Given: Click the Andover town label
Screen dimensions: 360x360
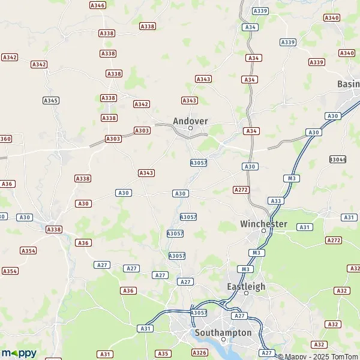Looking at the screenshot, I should pos(190,121).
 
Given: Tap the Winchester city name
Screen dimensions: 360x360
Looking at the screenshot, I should pos(263,224).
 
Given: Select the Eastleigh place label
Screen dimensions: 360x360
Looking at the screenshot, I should pos(246,286).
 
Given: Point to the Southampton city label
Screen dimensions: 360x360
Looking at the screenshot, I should pos(223,332).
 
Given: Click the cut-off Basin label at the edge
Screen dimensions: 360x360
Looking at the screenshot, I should pos(349,84).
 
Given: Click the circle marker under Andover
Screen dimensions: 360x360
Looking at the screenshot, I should pos(190,128).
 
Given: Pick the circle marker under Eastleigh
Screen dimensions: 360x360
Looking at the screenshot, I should pos(246,293).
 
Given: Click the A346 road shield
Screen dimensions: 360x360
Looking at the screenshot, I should pos(97,5).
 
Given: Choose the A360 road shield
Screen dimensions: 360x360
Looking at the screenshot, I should pos(5,139).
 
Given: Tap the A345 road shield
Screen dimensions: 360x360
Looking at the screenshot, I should pos(51,100).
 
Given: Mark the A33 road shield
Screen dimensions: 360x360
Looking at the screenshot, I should pos(276,200).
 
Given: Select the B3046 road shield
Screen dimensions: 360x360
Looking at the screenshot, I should pos(338,159).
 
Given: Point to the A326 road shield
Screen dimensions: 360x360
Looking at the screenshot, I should pos(199,352).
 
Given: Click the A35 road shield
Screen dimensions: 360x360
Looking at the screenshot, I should pos(162,354).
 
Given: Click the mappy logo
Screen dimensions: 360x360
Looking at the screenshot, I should pos(19,353).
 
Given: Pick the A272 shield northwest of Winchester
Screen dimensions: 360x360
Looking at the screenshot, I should pos(241,190).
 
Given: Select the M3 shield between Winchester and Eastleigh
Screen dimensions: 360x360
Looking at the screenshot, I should pos(257,253).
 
